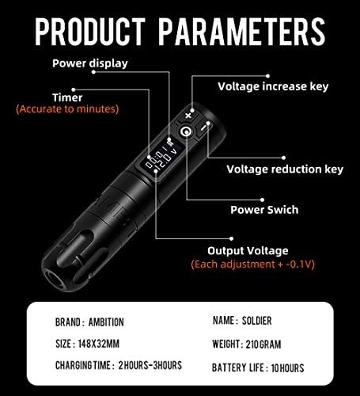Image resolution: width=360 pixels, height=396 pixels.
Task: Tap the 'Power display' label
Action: [89, 63]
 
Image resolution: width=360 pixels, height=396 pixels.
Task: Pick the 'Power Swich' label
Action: [264, 210]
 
